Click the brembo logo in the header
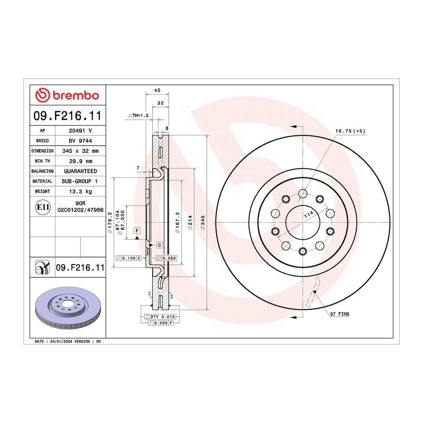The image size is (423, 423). tap(67, 95)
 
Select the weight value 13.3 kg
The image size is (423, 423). tap(80, 192)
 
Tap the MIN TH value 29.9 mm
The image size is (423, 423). tap(80, 161)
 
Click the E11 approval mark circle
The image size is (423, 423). tap(43, 207)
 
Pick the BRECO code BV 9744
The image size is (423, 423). tap(80, 141)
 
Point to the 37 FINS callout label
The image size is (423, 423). tap(340, 314)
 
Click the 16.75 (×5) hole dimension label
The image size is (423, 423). tap(350, 131)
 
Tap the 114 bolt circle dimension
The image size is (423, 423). tap(309, 214)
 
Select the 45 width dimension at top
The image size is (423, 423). tap(157, 90)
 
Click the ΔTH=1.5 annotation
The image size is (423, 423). tap(138, 116)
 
